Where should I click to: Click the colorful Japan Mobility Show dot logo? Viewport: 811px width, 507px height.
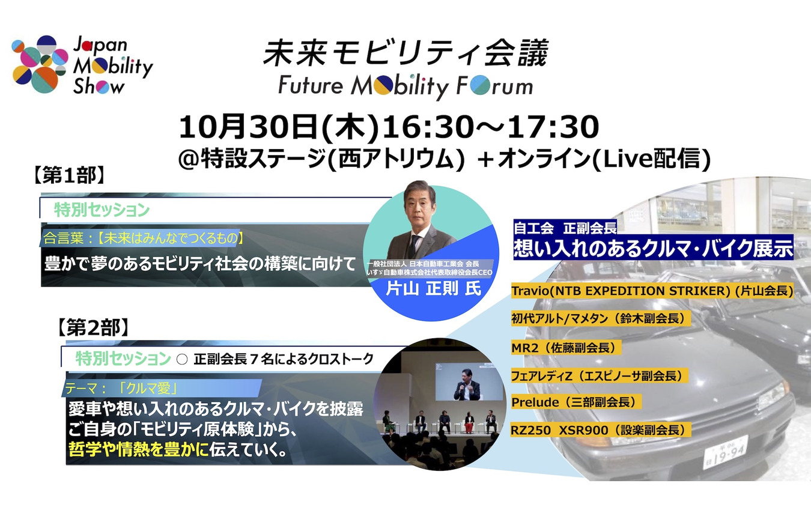40,64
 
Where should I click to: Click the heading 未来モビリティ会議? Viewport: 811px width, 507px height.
405,53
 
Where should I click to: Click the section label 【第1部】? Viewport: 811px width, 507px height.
69,176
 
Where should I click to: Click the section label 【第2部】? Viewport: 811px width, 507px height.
93,328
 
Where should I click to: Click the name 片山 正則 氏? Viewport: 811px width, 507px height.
433,288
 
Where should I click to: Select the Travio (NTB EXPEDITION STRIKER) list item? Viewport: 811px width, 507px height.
652,291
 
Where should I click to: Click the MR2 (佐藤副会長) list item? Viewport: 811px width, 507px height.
566,348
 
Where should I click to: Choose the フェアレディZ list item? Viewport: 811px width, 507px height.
599,375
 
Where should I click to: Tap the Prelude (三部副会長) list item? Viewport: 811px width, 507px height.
576,402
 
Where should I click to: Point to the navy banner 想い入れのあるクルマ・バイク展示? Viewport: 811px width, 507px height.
653,247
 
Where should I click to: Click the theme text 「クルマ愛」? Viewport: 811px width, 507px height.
148,389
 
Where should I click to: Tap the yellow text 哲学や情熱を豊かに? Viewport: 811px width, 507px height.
139,449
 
